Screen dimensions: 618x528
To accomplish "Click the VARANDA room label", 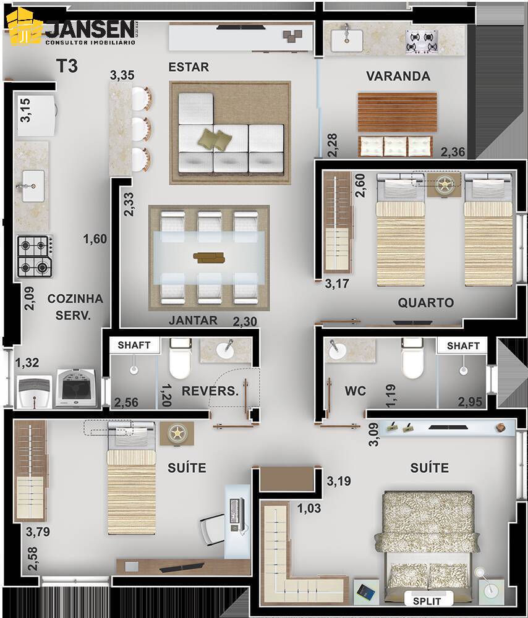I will (398, 76).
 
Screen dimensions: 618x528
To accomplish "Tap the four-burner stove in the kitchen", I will (35, 256).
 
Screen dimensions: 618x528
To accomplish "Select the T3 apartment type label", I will (67, 66).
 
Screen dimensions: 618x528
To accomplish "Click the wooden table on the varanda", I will (397, 112).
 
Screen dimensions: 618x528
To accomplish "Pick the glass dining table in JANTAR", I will (209, 256).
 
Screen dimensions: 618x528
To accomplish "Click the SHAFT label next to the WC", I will (462, 345).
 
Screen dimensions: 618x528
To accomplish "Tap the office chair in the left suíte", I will (211, 528).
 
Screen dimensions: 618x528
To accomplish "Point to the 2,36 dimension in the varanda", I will (453, 152).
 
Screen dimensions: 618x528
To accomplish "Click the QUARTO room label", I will (425, 303).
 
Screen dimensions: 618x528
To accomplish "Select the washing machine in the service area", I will (75, 387).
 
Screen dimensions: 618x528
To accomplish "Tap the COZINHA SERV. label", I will (75, 307).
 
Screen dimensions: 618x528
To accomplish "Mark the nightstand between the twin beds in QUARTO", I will (444, 184).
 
